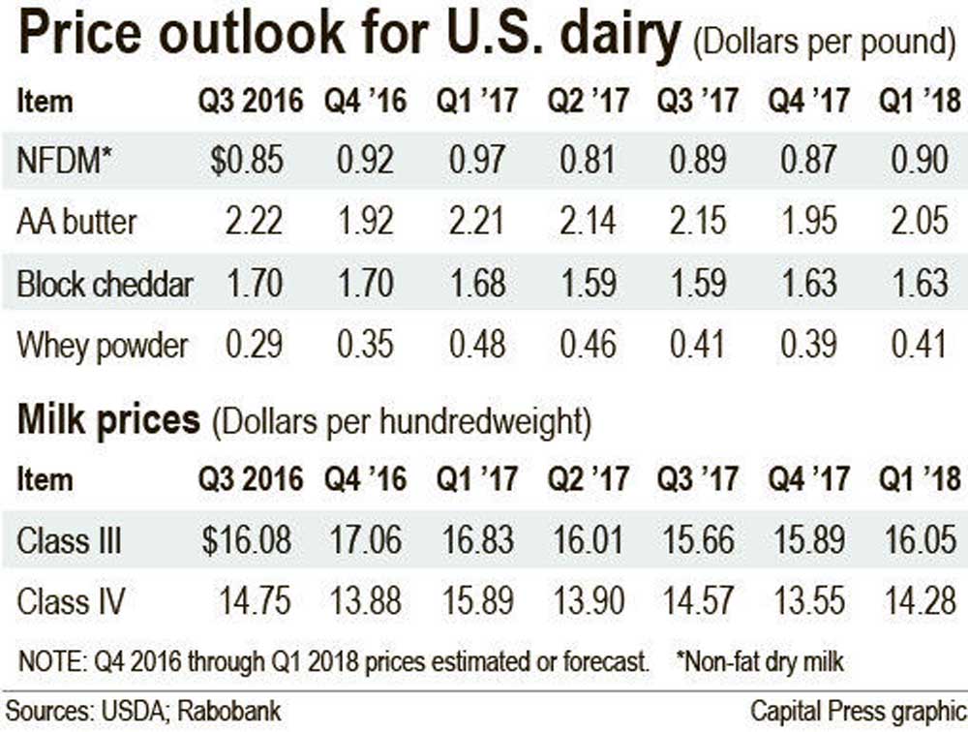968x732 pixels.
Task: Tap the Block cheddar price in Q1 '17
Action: (x=478, y=284)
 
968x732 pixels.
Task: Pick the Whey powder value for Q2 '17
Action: (x=588, y=346)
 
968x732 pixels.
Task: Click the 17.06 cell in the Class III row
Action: (x=364, y=540)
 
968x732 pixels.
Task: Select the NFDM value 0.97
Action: (x=478, y=160)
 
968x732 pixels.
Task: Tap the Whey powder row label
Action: (x=103, y=346)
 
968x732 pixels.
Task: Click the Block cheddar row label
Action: (x=105, y=284)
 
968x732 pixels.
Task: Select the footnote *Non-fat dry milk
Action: (x=761, y=662)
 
